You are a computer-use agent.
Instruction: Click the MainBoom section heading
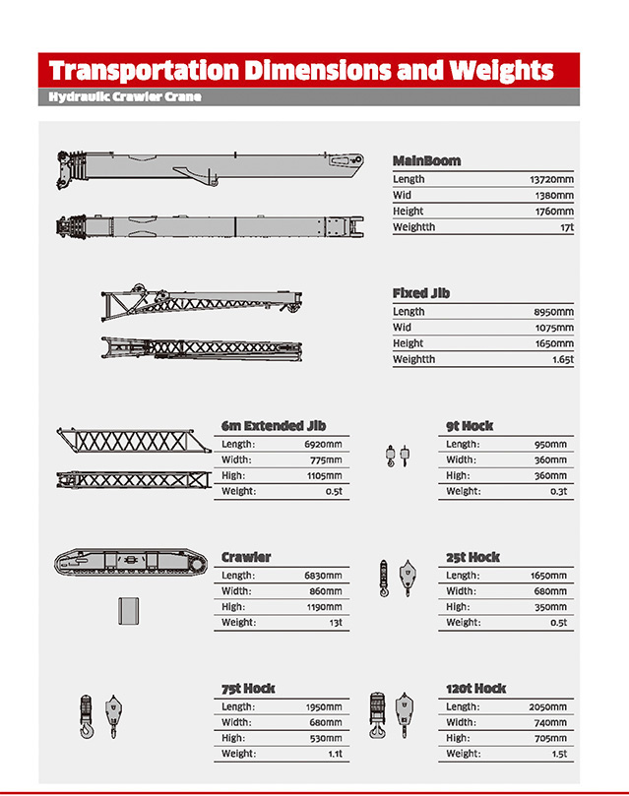(426, 160)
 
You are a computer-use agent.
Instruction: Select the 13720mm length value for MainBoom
(551, 180)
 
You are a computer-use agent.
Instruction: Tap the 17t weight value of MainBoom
(566, 227)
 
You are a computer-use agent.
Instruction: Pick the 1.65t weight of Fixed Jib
(563, 359)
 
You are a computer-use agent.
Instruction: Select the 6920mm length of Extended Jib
(323, 445)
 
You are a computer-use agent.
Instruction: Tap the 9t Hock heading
(470, 426)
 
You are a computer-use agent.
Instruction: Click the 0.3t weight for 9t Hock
(557, 491)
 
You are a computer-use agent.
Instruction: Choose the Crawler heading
(246, 557)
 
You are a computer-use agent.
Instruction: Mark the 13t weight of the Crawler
(335, 623)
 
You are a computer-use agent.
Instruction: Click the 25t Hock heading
(472, 557)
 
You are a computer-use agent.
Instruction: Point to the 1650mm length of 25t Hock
(548, 576)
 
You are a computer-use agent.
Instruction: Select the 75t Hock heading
(248, 689)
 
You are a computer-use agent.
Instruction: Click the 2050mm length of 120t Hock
(548, 707)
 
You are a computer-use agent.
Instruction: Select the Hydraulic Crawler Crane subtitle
(125, 97)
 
